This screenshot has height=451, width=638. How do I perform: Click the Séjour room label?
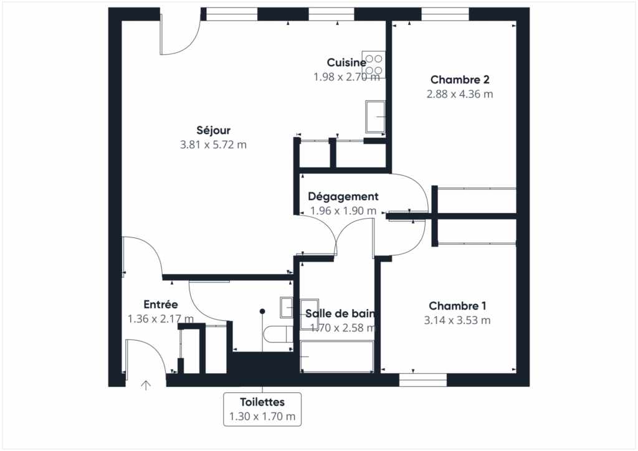pyautogui.click(x=214, y=130)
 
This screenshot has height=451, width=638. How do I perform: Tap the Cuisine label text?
pyautogui.click(x=346, y=62)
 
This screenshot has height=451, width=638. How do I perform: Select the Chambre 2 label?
pyautogui.click(x=459, y=80)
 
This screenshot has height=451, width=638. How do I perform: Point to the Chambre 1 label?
pyautogui.click(x=457, y=306)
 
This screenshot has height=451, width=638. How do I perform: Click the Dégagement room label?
pyautogui.click(x=343, y=196)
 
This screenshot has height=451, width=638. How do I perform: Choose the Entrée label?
pyautogui.click(x=161, y=305)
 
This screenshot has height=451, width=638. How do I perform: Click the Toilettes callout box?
pyautogui.click(x=262, y=409)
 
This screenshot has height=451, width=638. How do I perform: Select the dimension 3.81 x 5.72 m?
pyautogui.click(x=214, y=145)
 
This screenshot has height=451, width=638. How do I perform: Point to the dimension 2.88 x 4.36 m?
pyautogui.click(x=459, y=94)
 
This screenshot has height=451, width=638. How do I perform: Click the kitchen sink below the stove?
pyautogui.click(x=375, y=116)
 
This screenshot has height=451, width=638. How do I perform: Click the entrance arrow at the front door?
pyautogui.click(x=146, y=385)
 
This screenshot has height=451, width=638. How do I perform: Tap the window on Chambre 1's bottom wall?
pyautogui.click(x=423, y=379)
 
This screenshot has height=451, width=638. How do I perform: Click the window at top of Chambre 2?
pyautogui.click(x=445, y=14)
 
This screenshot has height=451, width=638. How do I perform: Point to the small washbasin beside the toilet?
pyautogui.click(x=287, y=306)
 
